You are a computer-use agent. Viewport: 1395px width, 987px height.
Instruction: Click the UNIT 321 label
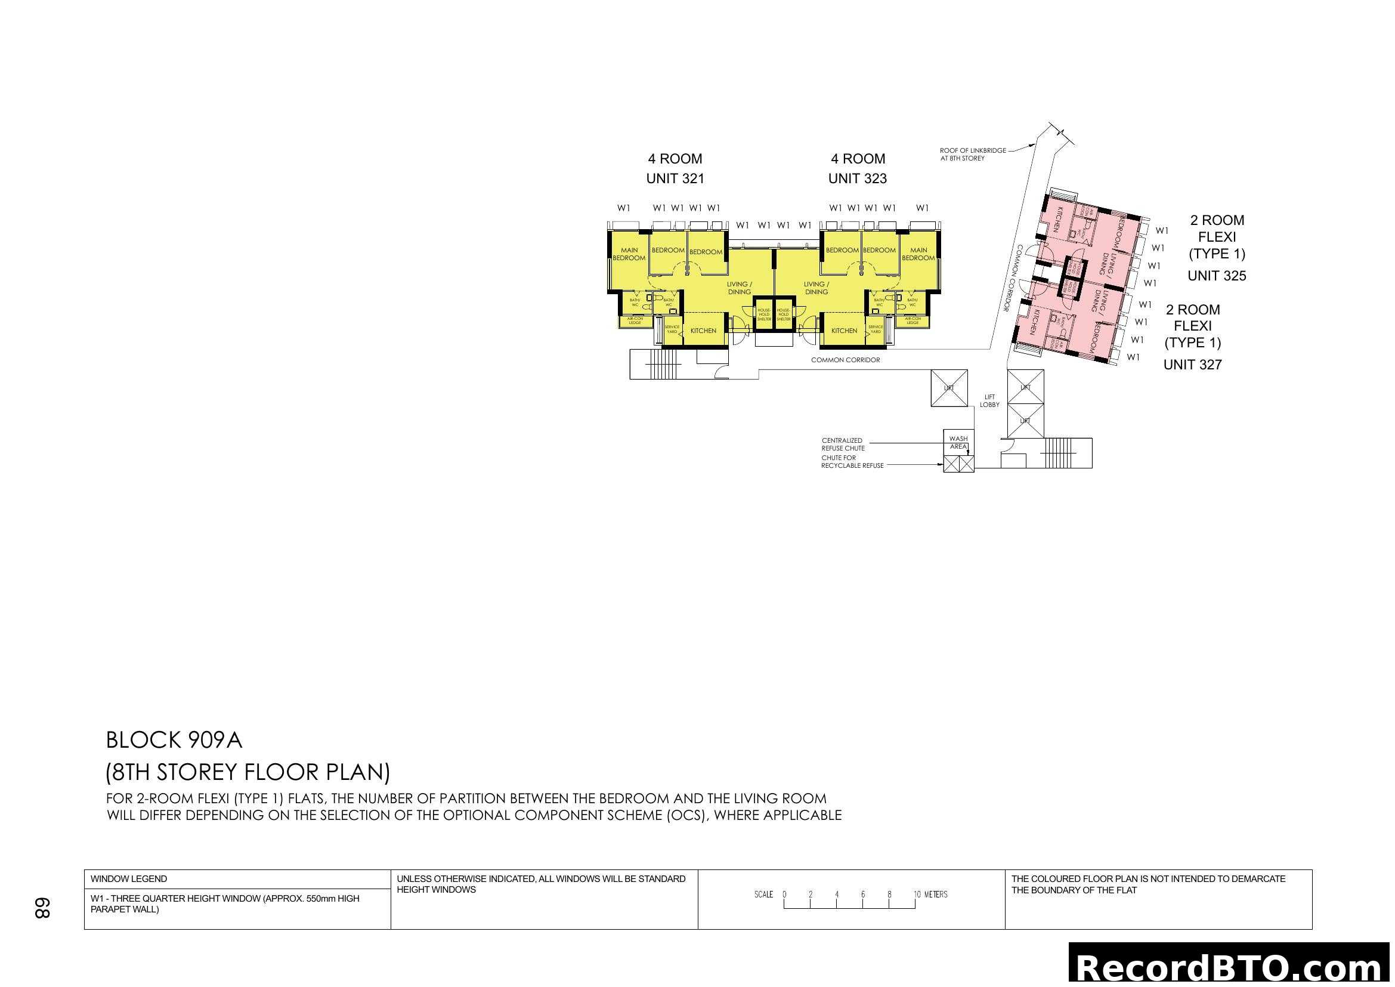click(675, 178)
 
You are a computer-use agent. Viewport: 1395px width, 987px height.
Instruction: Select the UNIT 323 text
click(857, 178)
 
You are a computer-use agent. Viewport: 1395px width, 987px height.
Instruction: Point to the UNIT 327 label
click(1192, 365)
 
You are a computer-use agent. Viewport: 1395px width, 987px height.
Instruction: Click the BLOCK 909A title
click(174, 740)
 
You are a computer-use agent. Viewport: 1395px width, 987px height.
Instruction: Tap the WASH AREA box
click(958, 442)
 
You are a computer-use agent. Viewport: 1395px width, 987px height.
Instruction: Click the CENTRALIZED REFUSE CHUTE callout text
click(843, 445)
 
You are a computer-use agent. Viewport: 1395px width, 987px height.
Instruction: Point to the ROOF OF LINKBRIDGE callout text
click(972, 155)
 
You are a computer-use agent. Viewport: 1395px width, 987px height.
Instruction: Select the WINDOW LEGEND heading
click(129, 879)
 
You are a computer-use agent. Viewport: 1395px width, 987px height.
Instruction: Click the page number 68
click(42, 908)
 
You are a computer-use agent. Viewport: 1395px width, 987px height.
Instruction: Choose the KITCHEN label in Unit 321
click(703, 331)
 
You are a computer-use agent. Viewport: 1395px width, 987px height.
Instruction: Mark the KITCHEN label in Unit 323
click(844, 331)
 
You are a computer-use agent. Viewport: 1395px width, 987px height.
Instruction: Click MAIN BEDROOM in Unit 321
click(629, 254)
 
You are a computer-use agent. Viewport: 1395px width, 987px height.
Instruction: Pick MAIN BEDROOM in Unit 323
click(918, 254)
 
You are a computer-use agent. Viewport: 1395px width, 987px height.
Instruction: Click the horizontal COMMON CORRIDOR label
click(845, 360)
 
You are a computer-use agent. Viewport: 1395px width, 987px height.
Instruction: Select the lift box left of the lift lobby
click(949, 388)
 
